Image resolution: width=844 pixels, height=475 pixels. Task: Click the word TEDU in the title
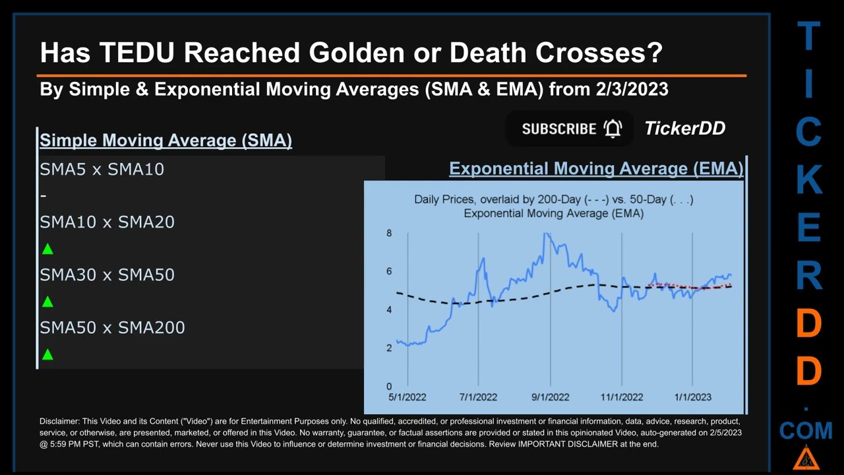pyautogui.click(x=137, y=52)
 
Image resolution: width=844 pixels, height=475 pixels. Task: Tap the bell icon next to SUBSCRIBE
pyautogui.click(x=613, y=129)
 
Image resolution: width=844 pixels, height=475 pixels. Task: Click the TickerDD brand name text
pyautogui.click(x=684, y=128)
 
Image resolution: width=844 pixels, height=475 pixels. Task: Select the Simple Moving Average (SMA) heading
pyautogui.click(x=166, y=141)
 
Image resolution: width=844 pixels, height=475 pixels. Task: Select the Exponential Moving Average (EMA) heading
pyautogui.click(x=596, y=168)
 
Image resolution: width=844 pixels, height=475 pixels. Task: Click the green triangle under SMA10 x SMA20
pyautogui.click(x=47, y=249)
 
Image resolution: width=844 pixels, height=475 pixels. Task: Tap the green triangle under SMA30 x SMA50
pyautogui.click(x=47, y=301)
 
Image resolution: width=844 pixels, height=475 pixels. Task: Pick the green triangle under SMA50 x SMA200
pyautogui.click(x=47, y=354)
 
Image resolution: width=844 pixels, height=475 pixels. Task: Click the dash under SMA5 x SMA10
pyautogui.click(x=44, y=196)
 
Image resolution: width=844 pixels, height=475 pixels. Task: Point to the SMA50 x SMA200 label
pyautogui.click(x=112, y=328)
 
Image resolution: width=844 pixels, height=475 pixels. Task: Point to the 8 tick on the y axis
pyautogui.click(x=389, y=233)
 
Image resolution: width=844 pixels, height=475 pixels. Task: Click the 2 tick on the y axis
pyautogui.click(x=389, y=348)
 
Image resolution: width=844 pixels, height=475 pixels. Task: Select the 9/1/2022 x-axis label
pyautogui.click(x=550, y=397)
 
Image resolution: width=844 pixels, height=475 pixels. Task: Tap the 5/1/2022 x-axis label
pyautogui.click(x=407, y=397)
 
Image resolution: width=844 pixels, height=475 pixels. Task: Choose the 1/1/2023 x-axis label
pyautogui.click(x=692, y=397)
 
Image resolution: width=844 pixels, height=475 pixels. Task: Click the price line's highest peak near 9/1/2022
pyautogui.click(x=546, y=234)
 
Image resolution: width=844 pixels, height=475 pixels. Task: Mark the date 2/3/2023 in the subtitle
pyautogui.click(x=632, y=89)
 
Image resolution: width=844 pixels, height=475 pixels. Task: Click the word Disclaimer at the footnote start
pyautogui.click(x=59, y=421)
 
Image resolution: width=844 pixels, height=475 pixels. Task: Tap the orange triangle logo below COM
pyautogui.click(x=806, y=459)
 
